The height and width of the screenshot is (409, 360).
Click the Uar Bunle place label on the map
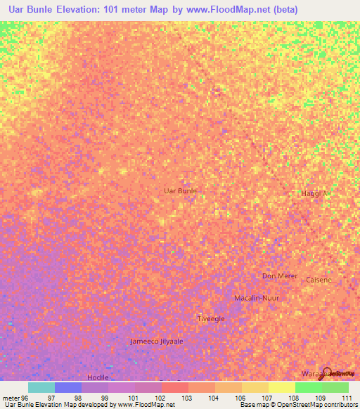[179, 190]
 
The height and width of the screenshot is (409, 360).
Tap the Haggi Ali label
[315, 193]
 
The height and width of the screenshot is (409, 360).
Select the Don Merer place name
[280, 276]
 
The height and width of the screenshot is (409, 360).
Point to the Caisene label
[319, 280]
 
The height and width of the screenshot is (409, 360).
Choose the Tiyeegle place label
[211, 318]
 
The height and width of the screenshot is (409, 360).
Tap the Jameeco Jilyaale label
[156, 341]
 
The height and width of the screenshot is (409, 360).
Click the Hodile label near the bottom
[98, 377]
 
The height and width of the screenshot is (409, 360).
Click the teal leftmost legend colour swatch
[41, 387]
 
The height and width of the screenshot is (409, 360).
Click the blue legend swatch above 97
[67, 387]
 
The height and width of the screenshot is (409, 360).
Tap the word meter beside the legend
[10, 398]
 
